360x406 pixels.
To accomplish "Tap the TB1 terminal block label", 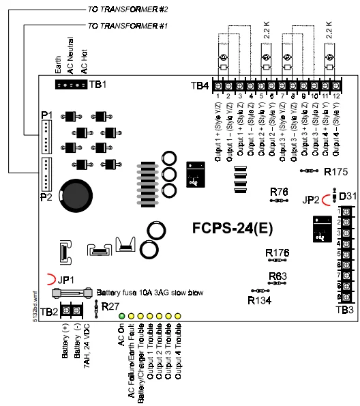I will (98, 85).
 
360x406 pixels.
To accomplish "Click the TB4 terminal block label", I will (200, 86).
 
